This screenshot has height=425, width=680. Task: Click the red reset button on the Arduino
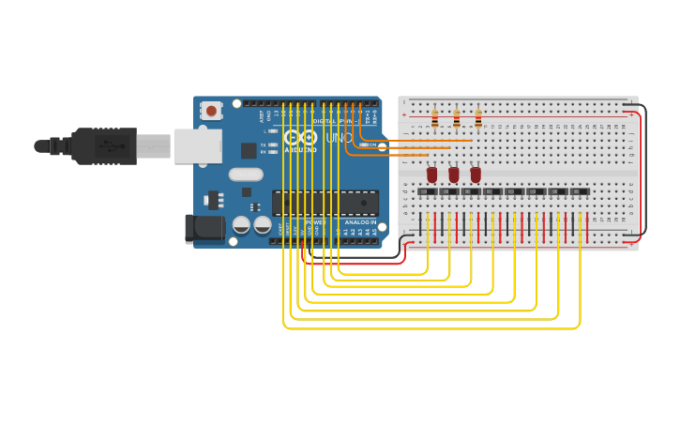click(211, 111)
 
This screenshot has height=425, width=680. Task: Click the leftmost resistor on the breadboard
click(434, 118)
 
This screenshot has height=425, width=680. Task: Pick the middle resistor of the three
click(456, 118)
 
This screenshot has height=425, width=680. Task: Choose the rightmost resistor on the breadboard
click(478, 118)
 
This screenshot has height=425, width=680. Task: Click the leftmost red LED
click(431, 175)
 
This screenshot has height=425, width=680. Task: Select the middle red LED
click(454, 175)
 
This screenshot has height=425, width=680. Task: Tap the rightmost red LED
click(476, 175)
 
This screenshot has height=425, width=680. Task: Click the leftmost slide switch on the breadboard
click(428, 191)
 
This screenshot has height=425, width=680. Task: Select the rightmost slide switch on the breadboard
click(580, 191)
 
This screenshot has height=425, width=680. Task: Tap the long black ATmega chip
click(325, 202)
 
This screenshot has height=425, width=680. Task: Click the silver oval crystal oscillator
click(246, 174)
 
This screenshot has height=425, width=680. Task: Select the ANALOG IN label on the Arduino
click(360, 221)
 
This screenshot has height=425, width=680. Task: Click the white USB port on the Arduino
click(198, 146)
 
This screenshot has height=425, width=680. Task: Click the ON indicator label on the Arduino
click(370, 144)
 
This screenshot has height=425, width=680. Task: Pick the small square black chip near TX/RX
click(249, 150)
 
